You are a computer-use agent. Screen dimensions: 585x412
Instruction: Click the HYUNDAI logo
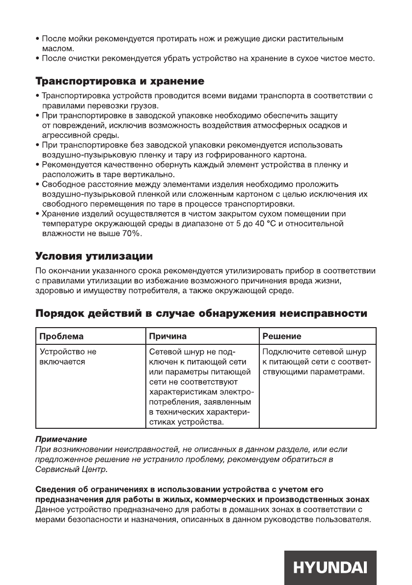tap(330, 567)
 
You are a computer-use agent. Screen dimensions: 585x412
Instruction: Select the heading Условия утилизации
tap(94, 256)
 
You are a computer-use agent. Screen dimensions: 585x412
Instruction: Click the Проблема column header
tap(61, 336)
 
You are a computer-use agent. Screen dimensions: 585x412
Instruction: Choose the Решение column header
tap(282, 336)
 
